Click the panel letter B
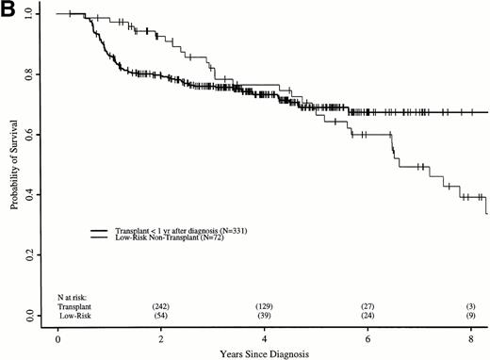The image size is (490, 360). (x=9, y=9)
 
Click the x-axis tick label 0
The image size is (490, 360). (x=58, y=336)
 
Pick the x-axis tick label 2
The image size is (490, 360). (x=161, y=336)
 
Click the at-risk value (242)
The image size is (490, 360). (x=161, y=307)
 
